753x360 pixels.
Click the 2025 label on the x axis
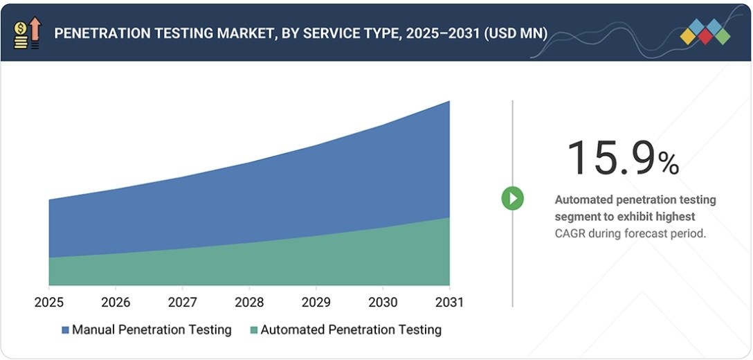tap(48, 303)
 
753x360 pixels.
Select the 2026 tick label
tap(116, 303)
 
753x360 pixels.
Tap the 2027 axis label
tap(182, 303)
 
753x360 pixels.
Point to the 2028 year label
tap(249, 303)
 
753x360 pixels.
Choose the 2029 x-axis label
tap(316, 303)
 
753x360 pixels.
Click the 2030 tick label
tap(383, 303)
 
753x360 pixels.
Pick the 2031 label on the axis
tap(450, 303)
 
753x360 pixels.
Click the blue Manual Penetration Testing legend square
tap(65, 330)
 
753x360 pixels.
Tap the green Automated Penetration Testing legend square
tap(253, 330)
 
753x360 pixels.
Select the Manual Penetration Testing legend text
tap(152, 330)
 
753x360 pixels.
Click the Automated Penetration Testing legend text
tap(351, 330)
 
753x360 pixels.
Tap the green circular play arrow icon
tap(513, 199)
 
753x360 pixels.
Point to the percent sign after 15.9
tap(669, 163)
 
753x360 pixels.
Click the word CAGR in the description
tap(570, 234)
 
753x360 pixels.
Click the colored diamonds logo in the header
tap(705, 32)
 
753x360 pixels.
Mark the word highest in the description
tap(671, 217)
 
